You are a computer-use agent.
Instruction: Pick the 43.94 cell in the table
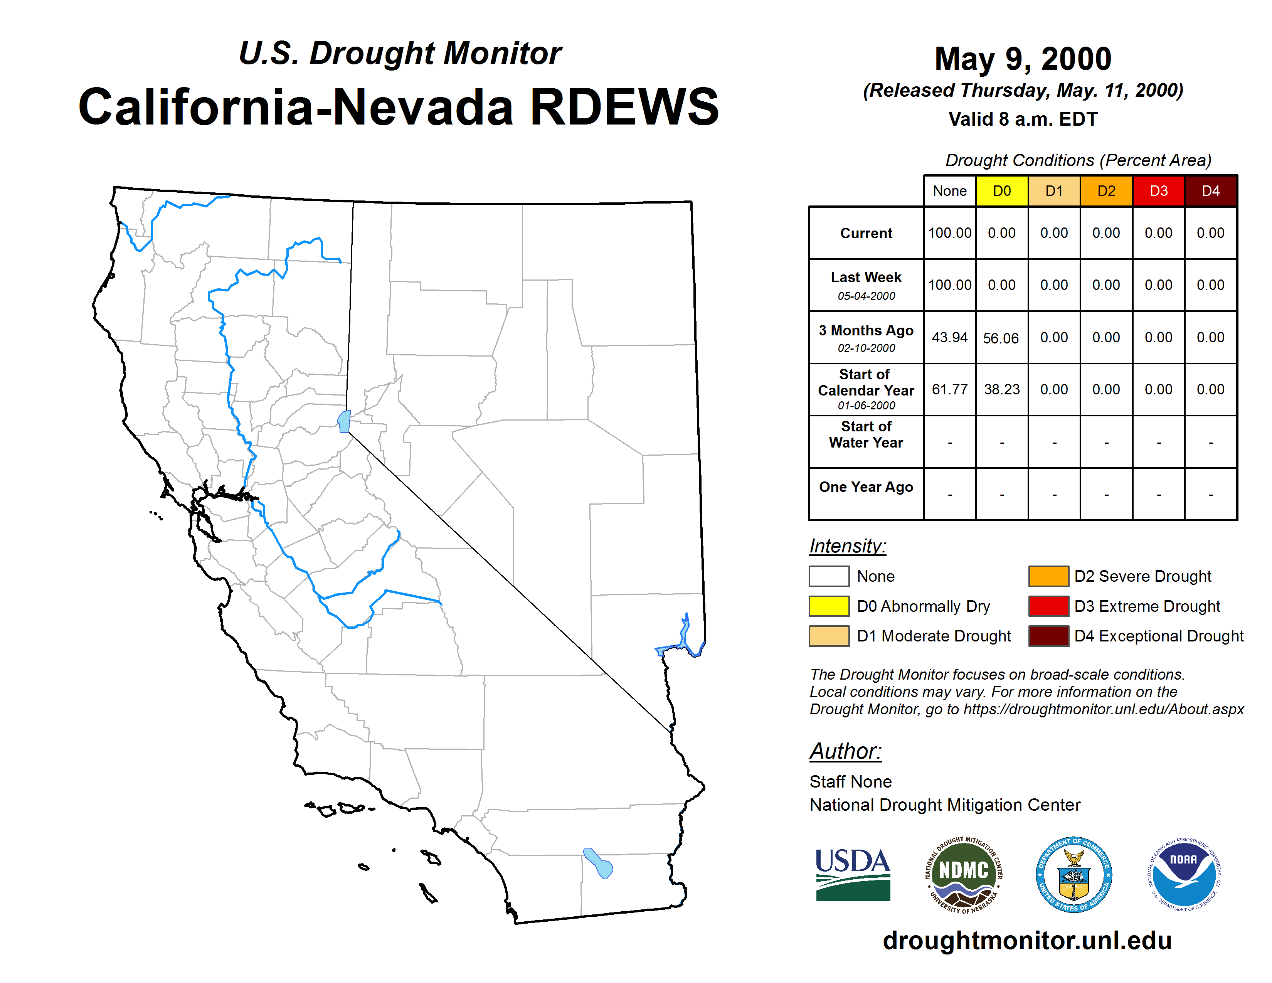(949, 337)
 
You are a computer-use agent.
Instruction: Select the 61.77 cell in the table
(949, 389)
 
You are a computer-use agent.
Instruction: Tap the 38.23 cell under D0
(1002, 389)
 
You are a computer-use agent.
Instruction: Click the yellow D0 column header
(1002, 191)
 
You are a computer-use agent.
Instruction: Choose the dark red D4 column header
(1211, 191)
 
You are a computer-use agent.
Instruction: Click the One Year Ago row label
(866, 487)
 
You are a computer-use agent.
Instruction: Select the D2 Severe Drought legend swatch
(1048, 576)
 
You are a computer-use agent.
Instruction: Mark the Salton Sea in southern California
(598, 863)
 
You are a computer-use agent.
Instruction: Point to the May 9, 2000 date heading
(1023, 59)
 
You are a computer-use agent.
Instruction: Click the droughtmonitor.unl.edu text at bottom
(1027, 941)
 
